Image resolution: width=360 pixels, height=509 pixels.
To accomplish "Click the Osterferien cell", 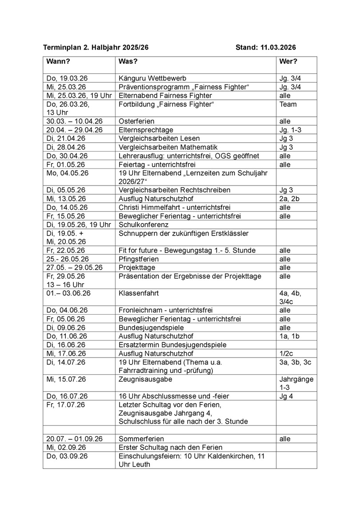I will click(x=136, y=121).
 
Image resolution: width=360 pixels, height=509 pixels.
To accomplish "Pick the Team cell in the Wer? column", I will click(x=288, y=104).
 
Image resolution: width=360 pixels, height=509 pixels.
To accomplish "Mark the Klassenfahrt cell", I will click(x=139, y=294).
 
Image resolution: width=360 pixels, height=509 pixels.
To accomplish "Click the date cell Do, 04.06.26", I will click(x=68, y=310).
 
